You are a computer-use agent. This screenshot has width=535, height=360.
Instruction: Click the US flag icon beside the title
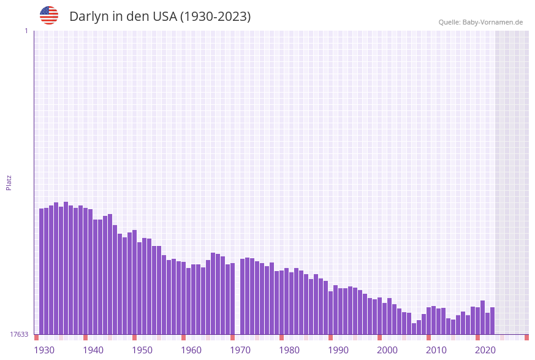click(49, 15)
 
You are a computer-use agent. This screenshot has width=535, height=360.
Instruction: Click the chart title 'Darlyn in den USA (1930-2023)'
click(160, 17)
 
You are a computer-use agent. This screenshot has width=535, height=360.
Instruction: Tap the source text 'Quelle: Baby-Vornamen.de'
click(480, 22)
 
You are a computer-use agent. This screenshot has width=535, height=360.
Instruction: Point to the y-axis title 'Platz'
click(9, 182)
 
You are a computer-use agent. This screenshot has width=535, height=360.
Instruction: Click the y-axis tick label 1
click(26, 31)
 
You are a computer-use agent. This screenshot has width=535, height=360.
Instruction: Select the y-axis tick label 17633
click(19, 334)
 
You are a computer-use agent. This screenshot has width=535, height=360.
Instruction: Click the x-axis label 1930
click(44, 350)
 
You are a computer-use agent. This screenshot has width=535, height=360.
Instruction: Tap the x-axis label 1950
click(142, 350)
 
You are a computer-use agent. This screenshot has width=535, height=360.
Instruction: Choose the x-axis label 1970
click(240, 350)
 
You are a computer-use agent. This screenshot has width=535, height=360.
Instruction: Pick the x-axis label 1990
click(338, 350)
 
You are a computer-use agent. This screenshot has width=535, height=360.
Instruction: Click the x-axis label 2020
click(485, 350)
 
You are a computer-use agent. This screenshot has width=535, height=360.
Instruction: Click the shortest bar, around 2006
click(414, 329)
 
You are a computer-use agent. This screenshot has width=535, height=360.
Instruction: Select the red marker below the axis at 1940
click(86, 337)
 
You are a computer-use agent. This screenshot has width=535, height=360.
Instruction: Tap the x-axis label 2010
click(436, 350)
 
